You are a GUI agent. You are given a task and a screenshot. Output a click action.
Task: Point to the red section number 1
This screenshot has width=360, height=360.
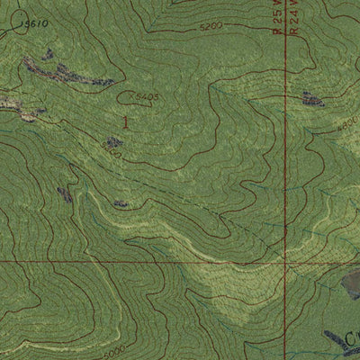pyautogui.click(x=125, y=121)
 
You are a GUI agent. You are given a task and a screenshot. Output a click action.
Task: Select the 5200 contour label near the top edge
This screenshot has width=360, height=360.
pyautogui.click(x=211, y=27)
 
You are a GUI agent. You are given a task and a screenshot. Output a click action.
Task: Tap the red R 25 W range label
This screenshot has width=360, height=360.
pyautogui.click(x=277, y=16)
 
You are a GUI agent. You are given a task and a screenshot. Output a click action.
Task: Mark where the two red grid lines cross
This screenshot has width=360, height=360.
pyautogui.click(x=284, y=262)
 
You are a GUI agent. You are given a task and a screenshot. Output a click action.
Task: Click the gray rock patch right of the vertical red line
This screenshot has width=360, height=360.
pyautogui.click(x=313, y=99)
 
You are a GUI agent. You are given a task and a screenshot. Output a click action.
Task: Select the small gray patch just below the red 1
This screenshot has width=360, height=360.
pyautogui.click(x=113, y=142)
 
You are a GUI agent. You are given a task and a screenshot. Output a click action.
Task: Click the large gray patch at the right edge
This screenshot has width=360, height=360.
pyautogui.click(x=351, y=285)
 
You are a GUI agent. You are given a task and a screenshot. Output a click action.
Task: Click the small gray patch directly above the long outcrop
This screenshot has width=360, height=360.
pyautogui.click(x=47, y=55)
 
